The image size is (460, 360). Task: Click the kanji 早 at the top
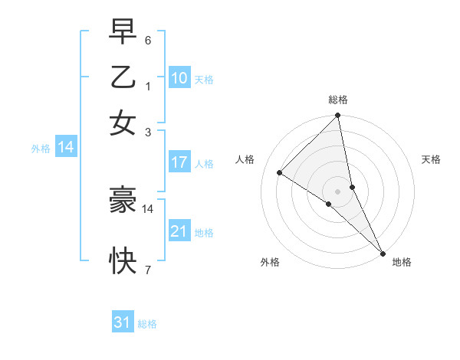coord(123,33)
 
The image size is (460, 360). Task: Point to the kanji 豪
coord(123,200)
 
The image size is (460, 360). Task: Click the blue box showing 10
coord(179,78)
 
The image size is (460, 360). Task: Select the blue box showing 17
coord(179,162)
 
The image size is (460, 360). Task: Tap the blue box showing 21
coord(179,231)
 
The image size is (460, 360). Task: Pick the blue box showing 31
coord(123,322)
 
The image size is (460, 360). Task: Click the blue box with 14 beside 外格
coord(66,148)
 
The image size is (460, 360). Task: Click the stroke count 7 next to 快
coord(148,269)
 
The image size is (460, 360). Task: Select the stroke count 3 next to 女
coord(148,131)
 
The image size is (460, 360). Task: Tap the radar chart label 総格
coord(338,100)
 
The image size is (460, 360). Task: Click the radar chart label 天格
coord(431,159)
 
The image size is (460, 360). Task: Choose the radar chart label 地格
coord(402,262)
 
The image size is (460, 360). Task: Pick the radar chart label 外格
coord(270,262)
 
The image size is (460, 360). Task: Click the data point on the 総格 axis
coord(337,116)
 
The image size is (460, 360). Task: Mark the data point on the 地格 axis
coord(383,252)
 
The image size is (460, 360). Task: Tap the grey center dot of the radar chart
coord(337,191)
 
